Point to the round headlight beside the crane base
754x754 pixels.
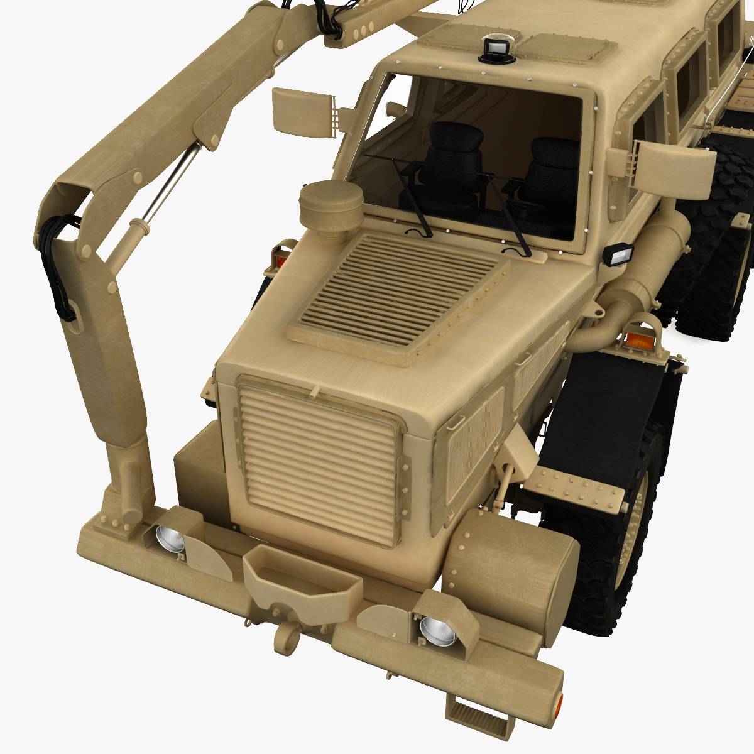(x=168, y=538)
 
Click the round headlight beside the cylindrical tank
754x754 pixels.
(x=436, y=630)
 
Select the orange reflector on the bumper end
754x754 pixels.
(x=558, y=708)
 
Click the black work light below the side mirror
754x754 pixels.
(x=618, y=255)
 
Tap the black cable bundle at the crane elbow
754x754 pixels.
(x=58, y=264)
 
